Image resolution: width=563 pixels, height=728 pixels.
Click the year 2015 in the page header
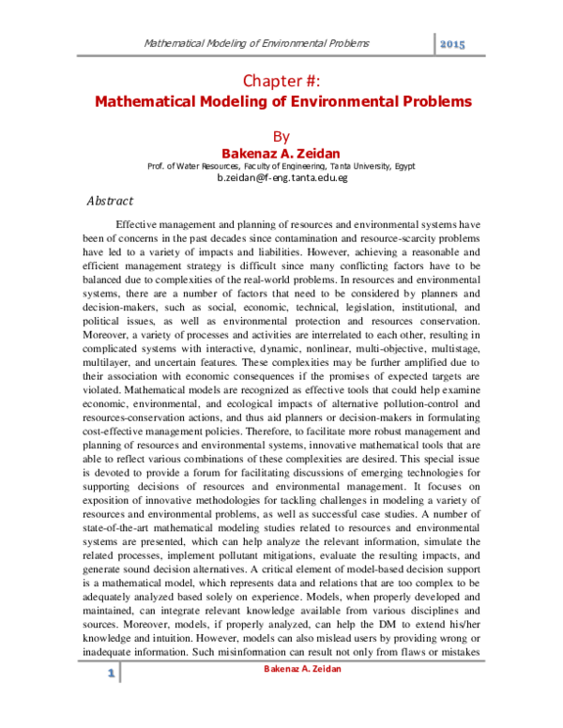453,44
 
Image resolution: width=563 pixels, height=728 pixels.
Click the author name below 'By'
281,153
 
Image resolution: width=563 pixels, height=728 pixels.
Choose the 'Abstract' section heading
111,201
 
